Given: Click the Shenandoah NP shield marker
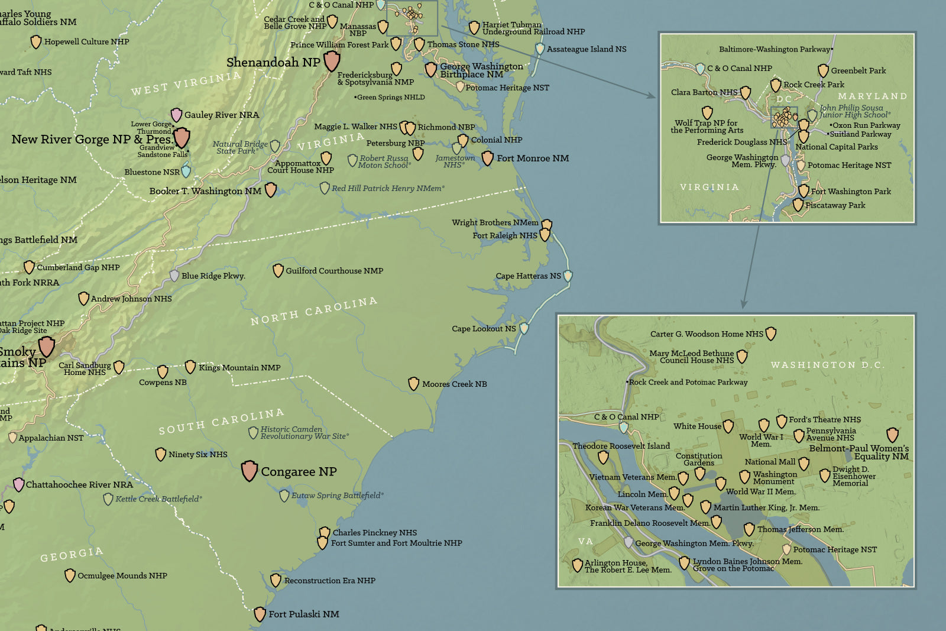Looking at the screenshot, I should (332, 60).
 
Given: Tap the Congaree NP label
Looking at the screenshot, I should (299, 472).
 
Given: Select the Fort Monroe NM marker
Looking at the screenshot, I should (487, 158).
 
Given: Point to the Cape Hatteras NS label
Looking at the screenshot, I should (528, 276).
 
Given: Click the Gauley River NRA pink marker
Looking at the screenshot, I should (176, 115).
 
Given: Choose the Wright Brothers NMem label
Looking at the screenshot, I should (495, 223).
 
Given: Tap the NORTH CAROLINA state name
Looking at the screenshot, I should (313, 311).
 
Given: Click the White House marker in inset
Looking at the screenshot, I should (728, 426).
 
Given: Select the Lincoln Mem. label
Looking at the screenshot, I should (642, 494).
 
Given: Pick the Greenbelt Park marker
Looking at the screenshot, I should (823, 71).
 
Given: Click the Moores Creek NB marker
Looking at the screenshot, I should (414, 384).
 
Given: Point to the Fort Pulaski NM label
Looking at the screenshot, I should (304, 614).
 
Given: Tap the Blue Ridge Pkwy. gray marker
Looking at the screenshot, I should (174, 276).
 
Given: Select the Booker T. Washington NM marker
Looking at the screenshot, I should (270, 190).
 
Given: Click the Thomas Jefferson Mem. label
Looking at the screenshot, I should (800, 530).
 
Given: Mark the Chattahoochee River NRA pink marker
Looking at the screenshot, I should (19, 485).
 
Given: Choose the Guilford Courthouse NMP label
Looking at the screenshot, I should (334, 271).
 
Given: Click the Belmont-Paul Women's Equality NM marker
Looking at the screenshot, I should (892, 435).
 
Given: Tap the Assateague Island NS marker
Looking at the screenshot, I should (539, 49).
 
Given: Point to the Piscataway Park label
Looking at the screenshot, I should (835, 206).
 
